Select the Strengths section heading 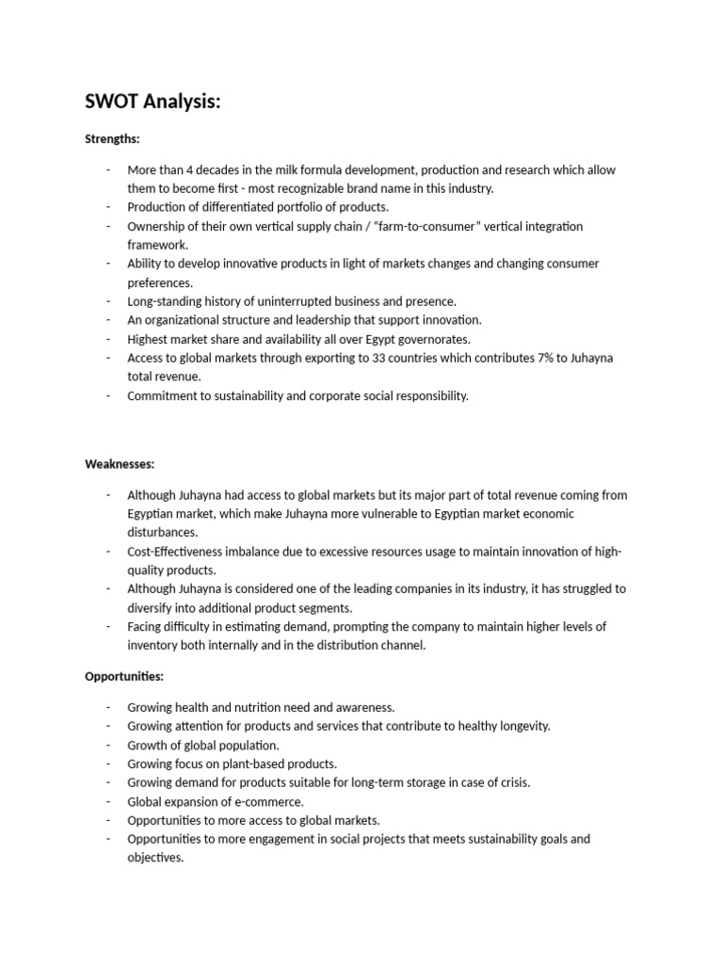click(112, 138)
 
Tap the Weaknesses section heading click(120, 464)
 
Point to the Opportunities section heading click(124, 676)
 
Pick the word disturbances click(163, 532)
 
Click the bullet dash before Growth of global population click(108, 745)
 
